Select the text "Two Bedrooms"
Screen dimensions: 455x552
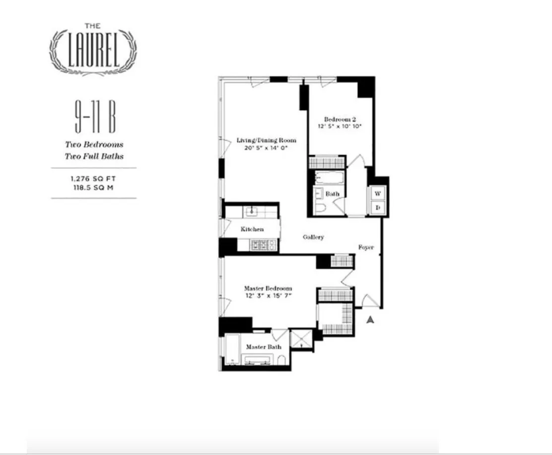tap(94, 145)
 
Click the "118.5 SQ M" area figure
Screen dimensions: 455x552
tap(94, 187)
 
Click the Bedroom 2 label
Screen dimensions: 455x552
tap(340, 119)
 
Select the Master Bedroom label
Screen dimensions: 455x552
tap(268, 289)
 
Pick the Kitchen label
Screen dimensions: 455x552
tap(252, 229)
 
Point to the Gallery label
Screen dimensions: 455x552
tap(314, 237)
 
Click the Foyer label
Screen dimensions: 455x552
tap(366, 247)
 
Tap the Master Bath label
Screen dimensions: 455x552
tap(264, 347)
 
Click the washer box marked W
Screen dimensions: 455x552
tap(377, 194)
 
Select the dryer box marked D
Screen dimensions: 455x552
tap(377, 208)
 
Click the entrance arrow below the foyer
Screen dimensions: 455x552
tap(370, 320)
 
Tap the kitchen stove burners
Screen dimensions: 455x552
tap(263, 244)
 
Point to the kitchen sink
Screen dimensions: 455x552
tap(251, 212)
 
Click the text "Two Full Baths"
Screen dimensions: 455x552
tap(94, 156)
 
